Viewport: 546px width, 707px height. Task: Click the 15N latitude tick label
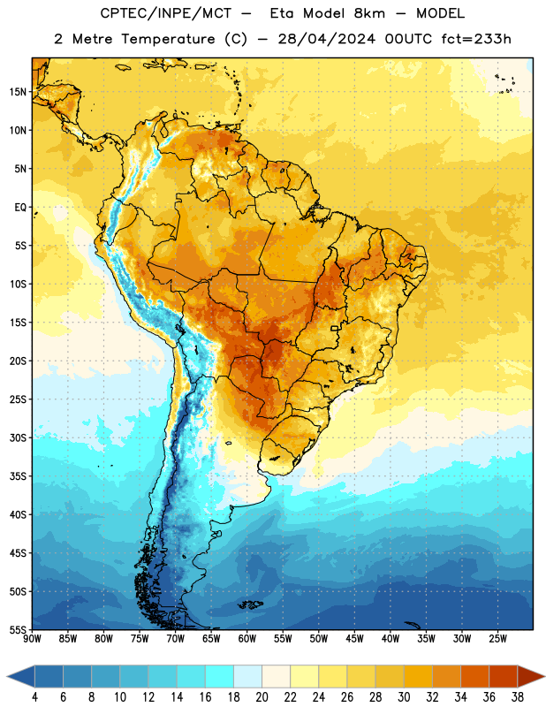pos(18,92)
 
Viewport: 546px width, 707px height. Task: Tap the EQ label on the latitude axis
pos(20,208)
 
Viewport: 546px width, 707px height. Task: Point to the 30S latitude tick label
pos(18,438)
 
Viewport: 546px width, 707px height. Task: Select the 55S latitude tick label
pos(18,630)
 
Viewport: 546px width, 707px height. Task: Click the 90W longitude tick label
pos(32,639)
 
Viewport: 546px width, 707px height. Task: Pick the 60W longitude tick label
pos(247,639)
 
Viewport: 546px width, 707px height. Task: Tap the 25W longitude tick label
pos(497,639)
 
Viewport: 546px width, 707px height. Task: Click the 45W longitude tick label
pos(354,639)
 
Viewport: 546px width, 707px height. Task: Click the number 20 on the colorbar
pos(262,697)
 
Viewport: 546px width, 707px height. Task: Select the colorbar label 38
pos(518,697)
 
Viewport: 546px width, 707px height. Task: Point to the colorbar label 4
pos(34,697)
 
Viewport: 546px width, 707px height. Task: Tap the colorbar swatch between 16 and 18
pos(219,676)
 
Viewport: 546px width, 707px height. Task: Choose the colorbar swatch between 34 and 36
pos(474,676)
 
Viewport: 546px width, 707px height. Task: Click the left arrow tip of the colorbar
pos(7,676)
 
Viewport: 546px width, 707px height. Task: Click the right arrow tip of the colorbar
pos(545,676)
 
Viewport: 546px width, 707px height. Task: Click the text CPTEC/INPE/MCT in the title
pos(166,13)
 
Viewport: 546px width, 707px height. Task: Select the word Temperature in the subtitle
pos(168,39)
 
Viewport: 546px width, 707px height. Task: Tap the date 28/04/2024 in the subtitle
pos(327,39)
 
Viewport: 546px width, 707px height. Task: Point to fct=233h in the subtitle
pos(476,39)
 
